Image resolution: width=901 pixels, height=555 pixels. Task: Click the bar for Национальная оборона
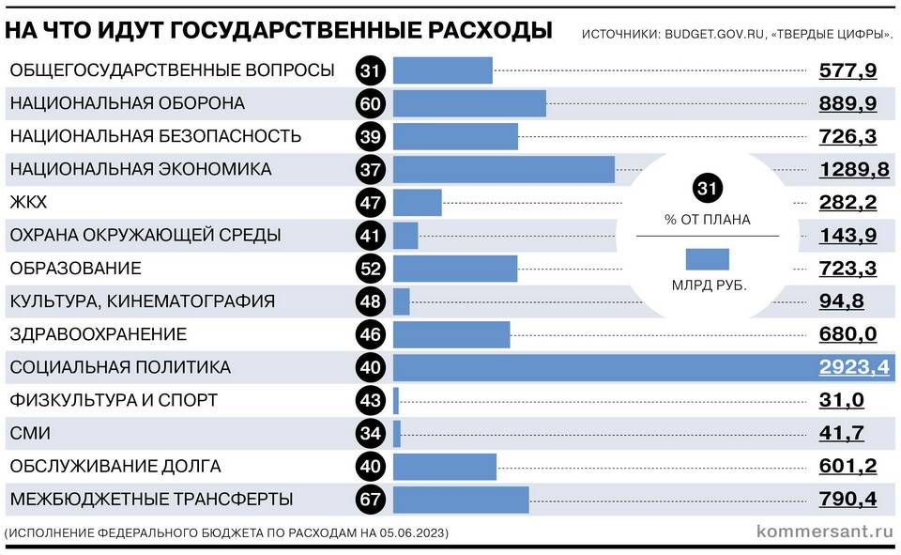(469, 103)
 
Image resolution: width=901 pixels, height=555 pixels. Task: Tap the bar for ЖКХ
(417, 202)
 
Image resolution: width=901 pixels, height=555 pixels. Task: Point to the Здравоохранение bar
(451, 334)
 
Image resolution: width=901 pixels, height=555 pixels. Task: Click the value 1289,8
(848, 169)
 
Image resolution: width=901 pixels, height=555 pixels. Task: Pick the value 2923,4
(853, 367)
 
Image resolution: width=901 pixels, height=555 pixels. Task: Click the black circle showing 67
(370, 500)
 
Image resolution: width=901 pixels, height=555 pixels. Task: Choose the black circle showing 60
(370, 103)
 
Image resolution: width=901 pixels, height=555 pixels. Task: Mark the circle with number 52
(370, 269)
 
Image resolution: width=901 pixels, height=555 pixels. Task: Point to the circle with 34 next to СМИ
(370, 434)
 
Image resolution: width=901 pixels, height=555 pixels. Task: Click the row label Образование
(76, 269)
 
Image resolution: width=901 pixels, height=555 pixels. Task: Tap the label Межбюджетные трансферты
(151, 500)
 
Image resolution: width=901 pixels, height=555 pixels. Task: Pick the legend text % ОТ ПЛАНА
(708, 221)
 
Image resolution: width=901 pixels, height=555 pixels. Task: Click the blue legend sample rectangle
(708, 259)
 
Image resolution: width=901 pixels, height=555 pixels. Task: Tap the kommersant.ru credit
(823, 532)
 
